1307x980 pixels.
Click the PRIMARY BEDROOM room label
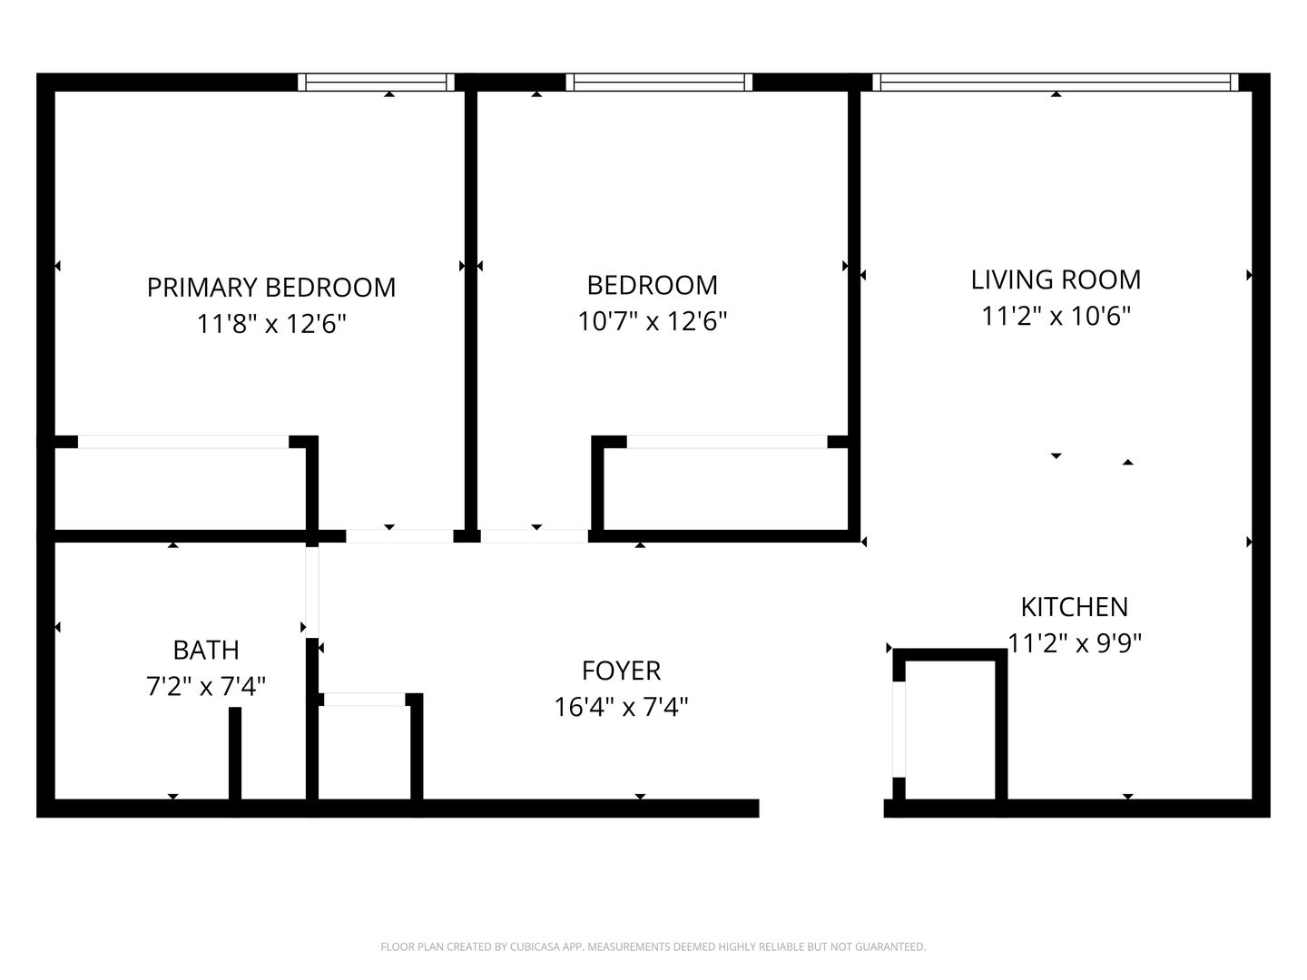(270, 287)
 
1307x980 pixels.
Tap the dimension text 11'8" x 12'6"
(270, 323)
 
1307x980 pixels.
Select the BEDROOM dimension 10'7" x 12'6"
(652, 320)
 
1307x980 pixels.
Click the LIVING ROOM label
(1056, 279)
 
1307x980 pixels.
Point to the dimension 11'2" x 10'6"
(1056, 316)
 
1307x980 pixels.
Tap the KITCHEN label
(1074, 606)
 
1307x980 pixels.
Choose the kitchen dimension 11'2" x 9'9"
(1074, 642)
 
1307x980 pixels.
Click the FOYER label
(621, 670)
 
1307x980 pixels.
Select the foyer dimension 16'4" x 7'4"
(621, 706)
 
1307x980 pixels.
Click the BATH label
(206, 650)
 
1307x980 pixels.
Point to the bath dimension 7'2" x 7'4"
(206, 686)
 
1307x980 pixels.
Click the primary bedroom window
(376, 83)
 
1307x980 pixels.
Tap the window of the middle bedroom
(659, 83)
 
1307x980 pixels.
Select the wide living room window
(1055, 83)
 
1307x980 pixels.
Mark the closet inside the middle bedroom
(726, 488)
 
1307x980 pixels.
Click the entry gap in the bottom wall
(821, 808)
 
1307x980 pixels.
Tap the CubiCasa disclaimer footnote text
(653, 946)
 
